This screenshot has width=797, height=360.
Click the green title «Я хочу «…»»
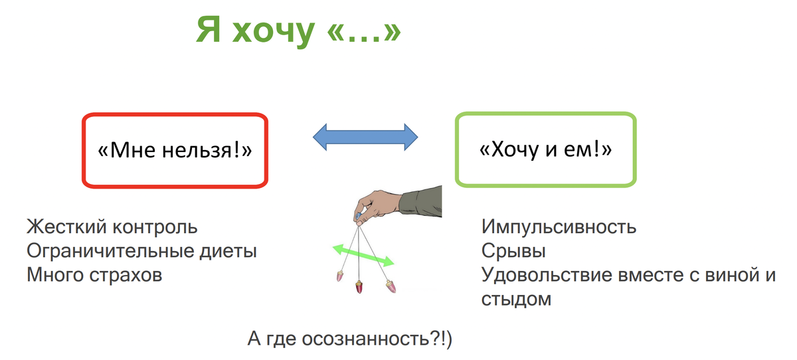tap(299, 33)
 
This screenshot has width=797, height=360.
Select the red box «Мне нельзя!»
tap(175, 151)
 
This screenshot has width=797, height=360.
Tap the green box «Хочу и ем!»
tap(545, 149)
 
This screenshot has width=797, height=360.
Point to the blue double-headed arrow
tap(365, 137)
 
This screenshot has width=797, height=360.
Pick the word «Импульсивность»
tap(559, 227)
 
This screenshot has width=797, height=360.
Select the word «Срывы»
tap(514, 252)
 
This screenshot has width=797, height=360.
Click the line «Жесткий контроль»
tap(112, 227)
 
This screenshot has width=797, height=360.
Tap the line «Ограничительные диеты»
tap(141, 252)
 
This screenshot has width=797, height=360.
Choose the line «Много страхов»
tap(94, 275)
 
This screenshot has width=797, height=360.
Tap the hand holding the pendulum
tap(375, 203)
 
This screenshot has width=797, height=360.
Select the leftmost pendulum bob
tap(341, 274)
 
